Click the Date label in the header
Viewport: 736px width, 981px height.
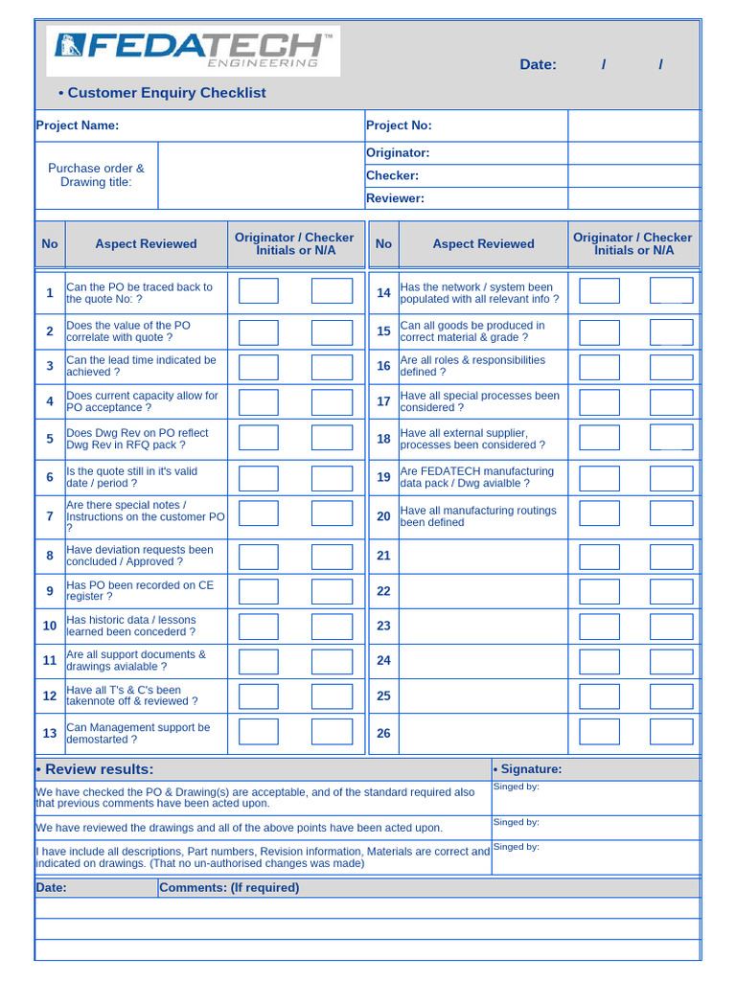(538, 64)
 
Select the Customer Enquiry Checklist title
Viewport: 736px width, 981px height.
(162, 93)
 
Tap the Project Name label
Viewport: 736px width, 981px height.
(78, 125)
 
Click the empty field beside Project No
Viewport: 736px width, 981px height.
(633, 125)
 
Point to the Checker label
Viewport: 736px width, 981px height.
(392, 175)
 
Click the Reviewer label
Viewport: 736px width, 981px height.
(395, 198)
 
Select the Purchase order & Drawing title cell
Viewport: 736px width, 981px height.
(96, 175)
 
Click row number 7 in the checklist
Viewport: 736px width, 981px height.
(50, 516)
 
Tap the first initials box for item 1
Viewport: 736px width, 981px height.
(259, 291)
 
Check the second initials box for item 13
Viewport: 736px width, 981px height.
(332, 732)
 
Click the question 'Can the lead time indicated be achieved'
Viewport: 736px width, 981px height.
(141, 366)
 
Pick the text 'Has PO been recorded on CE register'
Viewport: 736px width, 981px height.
(140, 590)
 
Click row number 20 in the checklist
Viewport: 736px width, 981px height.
(383, 516)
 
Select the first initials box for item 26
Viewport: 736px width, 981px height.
(600, 732)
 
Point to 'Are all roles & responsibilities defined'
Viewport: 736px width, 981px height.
(472, 366)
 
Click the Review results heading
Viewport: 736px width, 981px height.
(95, 769)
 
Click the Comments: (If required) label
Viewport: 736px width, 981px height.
(229, 887)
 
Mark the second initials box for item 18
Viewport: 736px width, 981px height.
(671, 438)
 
